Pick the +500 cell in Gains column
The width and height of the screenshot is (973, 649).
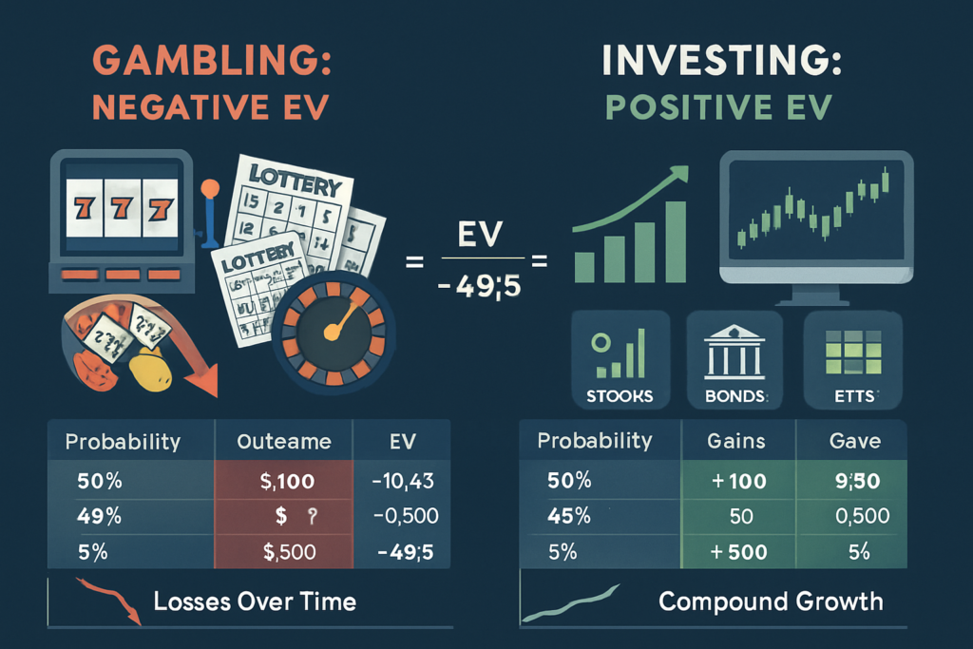coord(737,552)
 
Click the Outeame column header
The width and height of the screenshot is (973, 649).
coord(283,442)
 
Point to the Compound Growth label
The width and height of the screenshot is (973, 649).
coord(770,601)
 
